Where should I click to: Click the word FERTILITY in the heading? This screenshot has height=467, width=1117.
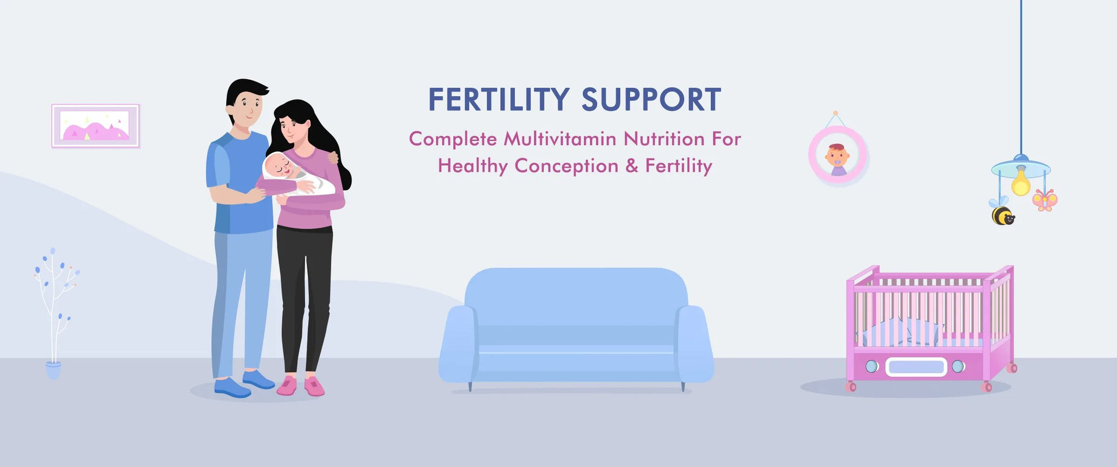[499, 100]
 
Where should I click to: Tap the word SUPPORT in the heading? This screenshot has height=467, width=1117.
[652, 100]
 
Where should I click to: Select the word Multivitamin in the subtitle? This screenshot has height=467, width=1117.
[560, 139]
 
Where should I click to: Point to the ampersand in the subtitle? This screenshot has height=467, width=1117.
[632, 166]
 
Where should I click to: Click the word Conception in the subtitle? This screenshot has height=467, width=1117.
[566, 167]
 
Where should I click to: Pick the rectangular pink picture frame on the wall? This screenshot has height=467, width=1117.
[95, 126]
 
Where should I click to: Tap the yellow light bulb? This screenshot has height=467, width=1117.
[1020, 182]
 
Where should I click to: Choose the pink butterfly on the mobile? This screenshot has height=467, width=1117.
[1045, 200]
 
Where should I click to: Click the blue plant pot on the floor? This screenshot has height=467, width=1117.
[53, 370]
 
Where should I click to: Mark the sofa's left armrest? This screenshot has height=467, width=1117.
[458, 344]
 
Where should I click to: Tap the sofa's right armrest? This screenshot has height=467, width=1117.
[695, 344]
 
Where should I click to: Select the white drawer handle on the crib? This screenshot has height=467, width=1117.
[916, 367]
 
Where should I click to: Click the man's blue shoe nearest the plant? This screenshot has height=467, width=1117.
[232, 388]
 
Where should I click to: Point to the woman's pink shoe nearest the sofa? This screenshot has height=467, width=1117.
[315, 385]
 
